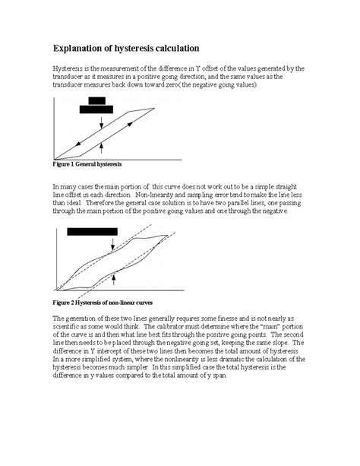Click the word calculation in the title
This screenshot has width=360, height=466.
coord(174,48)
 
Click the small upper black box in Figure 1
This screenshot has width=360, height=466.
coord(96,100)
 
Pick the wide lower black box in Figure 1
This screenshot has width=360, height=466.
coord(101,109)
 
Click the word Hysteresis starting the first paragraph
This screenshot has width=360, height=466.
coord(69,68)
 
